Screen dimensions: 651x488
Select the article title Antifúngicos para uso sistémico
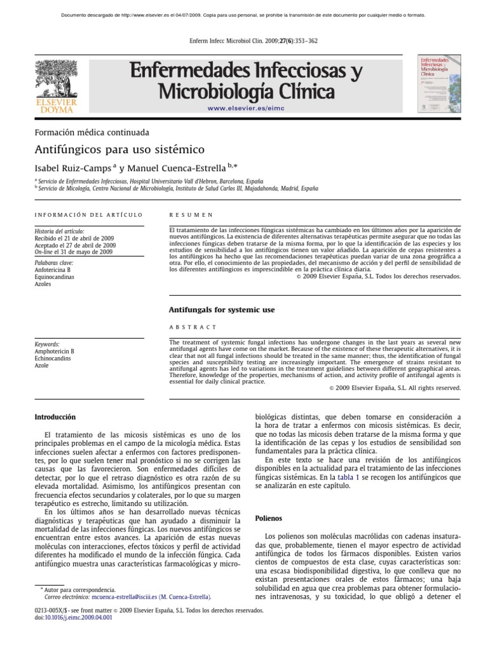pyautogui.click(x=119, y=150)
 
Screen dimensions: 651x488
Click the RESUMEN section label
pyautogui.click(x=191, y=216)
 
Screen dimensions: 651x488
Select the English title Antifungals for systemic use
pyautogui.click(x=221, y=310)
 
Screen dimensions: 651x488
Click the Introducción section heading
pyautogui.click(x=55, y=417)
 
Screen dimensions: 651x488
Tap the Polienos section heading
pyautogui.click(x=269, y=519)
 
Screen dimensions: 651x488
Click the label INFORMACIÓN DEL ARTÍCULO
pyautogui.click(x=88, y=216)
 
